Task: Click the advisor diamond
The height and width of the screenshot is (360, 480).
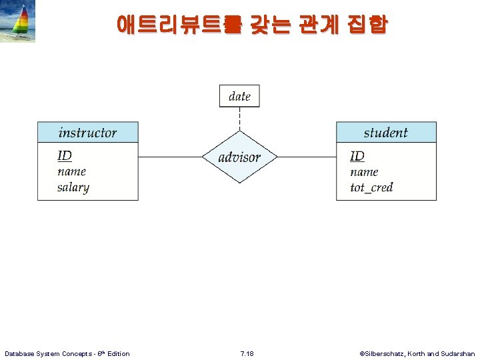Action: pyautogui.click(x=239, y=157)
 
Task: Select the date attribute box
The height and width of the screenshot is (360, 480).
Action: pyautogui.click(x=239, y=96)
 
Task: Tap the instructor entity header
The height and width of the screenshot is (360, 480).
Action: pyautogui.click(x=87, y=132)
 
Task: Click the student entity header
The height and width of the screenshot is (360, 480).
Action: pyautogui.click(x=385, y=132)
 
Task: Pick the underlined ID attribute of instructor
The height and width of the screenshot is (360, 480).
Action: pyautogui.click(x=65, y=156)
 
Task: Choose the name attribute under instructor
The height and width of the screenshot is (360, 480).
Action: pyautogui.click(x=71, y=171)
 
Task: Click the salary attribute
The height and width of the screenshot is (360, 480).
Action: pyautogui.click(x=73, y=187)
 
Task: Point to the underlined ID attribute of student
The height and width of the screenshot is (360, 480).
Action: pyautogui.click(x=357, y=156)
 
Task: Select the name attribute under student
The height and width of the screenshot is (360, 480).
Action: pyautogui.click(x=364, y=171)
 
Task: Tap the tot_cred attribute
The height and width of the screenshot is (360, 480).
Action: pyautogui.click(x=371, y=187)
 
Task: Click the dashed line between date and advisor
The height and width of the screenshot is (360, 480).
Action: pyautogui.click(x=239, y=119)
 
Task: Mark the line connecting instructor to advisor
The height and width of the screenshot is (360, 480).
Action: pyautogui.click(x=170, y=157)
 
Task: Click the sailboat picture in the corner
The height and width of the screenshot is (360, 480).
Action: pyautogui.click(x=18, y=21)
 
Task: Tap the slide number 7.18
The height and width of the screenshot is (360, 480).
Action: pyautogui.click(x=247, y=353)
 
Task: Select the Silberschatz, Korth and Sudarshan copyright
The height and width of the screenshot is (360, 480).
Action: pyautogui.click(x=417, y=353)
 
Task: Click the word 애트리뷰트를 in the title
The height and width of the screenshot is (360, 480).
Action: pyautogui.click(x=171, y=25)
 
